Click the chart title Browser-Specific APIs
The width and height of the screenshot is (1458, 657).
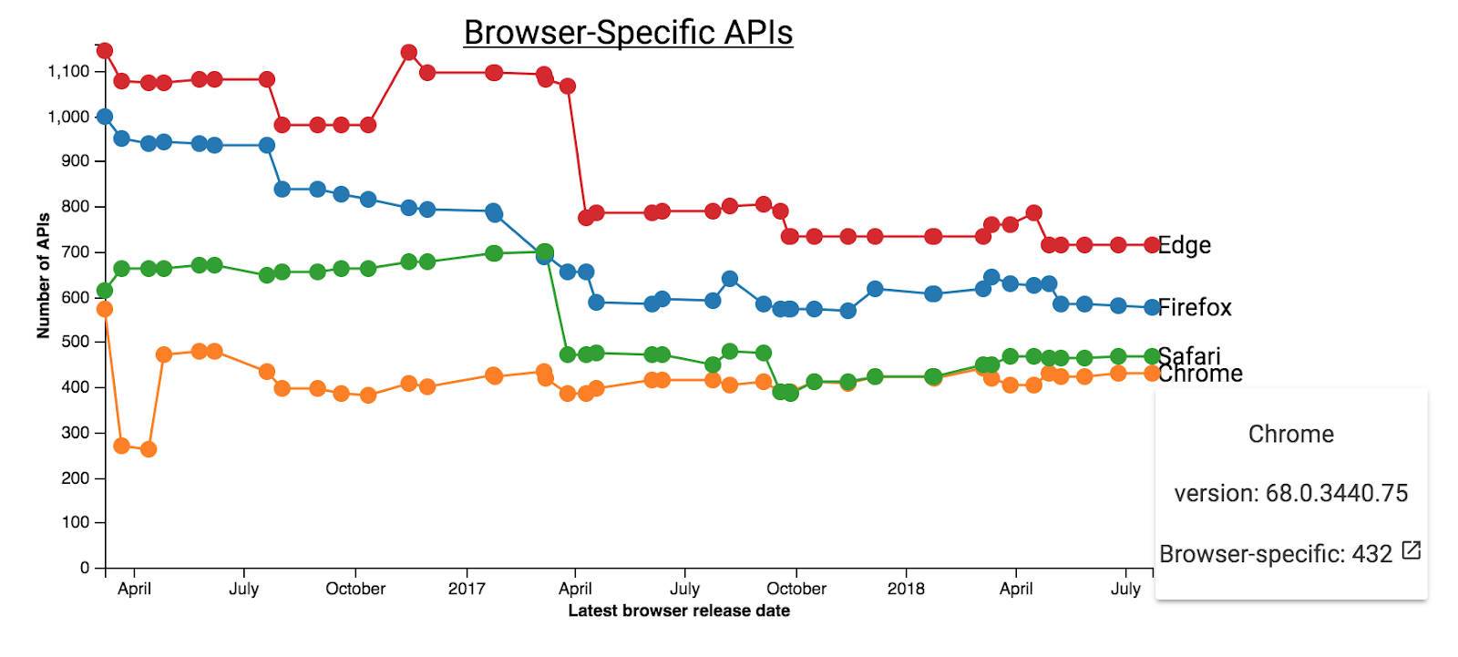pos(628,33)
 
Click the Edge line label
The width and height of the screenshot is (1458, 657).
pos(1184,245)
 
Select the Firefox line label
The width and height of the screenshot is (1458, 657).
pos(1195,308)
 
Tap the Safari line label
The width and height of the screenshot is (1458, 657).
pos(1189,354)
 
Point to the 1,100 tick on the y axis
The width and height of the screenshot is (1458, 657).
pos(69,71)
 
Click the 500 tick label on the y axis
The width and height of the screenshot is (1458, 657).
pos(76,342)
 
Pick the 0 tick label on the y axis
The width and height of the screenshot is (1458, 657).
pos(85,568)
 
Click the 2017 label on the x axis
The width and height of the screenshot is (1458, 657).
pos(467,589)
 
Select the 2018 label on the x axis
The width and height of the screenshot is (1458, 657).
pos(906,589)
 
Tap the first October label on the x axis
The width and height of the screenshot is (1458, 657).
pos(355,589)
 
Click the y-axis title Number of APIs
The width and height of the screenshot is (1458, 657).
pos(43,275)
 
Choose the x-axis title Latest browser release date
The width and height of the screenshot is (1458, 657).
pos(679,611)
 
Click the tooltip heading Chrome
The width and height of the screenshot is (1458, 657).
pos(1290,434)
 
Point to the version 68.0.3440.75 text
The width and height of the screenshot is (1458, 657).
pos(1290,493)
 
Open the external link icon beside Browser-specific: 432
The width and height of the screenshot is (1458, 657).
pos(1411,549)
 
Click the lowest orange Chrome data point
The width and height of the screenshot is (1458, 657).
pos(149,449)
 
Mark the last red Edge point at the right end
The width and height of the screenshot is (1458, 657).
pos(1152,245)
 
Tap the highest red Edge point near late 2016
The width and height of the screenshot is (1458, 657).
pos(409,53)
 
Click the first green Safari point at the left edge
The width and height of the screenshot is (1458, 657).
pos(105,291)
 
